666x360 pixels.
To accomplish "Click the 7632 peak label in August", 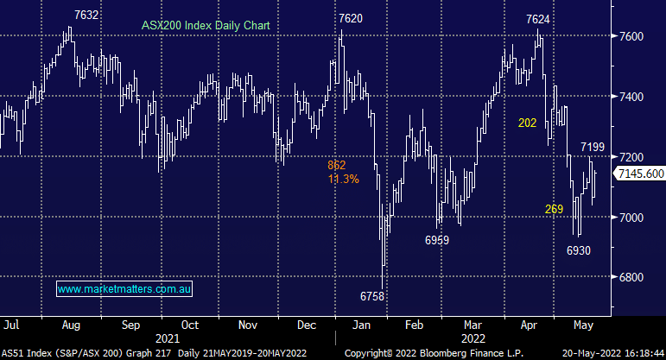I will (x=86, y=16).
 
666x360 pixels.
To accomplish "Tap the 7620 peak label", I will (x=351, y=18).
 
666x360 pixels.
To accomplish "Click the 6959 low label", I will (x=437, y=241).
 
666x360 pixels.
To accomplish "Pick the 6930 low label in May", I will (x=579, y=249).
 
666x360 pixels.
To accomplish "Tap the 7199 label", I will (x=593, y=148).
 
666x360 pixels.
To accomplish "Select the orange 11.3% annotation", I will (x=343, y=179).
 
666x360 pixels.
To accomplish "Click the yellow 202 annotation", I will (x=527, y=123).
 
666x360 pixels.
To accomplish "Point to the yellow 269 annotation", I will (x=554, y=209).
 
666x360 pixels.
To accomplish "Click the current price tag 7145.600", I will (x=640, y=174).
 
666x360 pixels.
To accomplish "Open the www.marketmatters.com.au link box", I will (x=124, y=288).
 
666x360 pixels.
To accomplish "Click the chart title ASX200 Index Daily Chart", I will (x=206, y=26).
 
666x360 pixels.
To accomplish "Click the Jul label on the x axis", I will (x=13, y=325).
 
